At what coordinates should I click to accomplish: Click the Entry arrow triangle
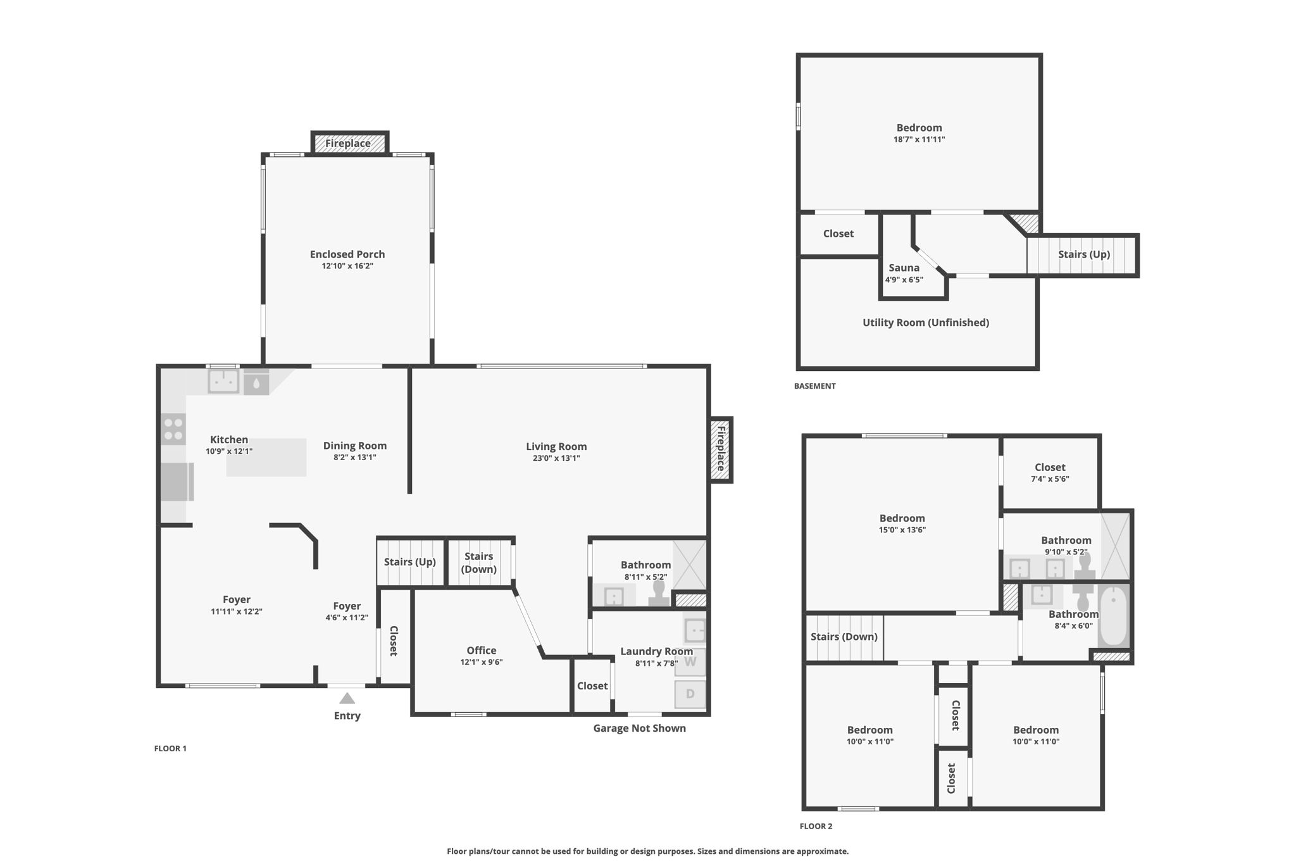(x=347, y=698)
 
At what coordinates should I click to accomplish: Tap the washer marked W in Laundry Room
(x=690, y=662)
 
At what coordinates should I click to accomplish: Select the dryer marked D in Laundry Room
(x=690, y=694)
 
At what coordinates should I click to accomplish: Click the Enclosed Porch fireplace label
(x=348, y=144)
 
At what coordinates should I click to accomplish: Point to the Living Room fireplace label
(x=720, y=448)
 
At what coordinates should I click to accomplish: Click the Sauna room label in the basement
(x=904, y=268)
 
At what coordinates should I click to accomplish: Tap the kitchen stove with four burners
(x=173, y=429)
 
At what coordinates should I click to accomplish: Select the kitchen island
(x=266, y=458)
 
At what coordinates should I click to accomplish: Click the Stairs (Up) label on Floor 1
(x=409, y=562)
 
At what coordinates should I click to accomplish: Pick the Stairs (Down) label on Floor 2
(x=844, y=637)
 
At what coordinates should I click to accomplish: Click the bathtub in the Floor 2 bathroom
(x=1114, y=615)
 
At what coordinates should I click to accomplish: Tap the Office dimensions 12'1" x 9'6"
(x=481, y=662)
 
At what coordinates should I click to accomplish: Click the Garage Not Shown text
(x=639, y=729)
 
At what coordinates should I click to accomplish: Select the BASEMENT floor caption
(x=814, y=386)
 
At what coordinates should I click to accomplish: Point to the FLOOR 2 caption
(x=816, y=826)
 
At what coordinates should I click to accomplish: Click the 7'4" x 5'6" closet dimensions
(x=1050, y=479)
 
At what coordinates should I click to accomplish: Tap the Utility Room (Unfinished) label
(x=925, y=323)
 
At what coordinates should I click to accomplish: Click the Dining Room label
(x=354, y=446)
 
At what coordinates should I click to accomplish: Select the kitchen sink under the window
(x=223, y=382)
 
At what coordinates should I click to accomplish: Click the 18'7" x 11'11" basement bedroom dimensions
(x=919, y=140)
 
